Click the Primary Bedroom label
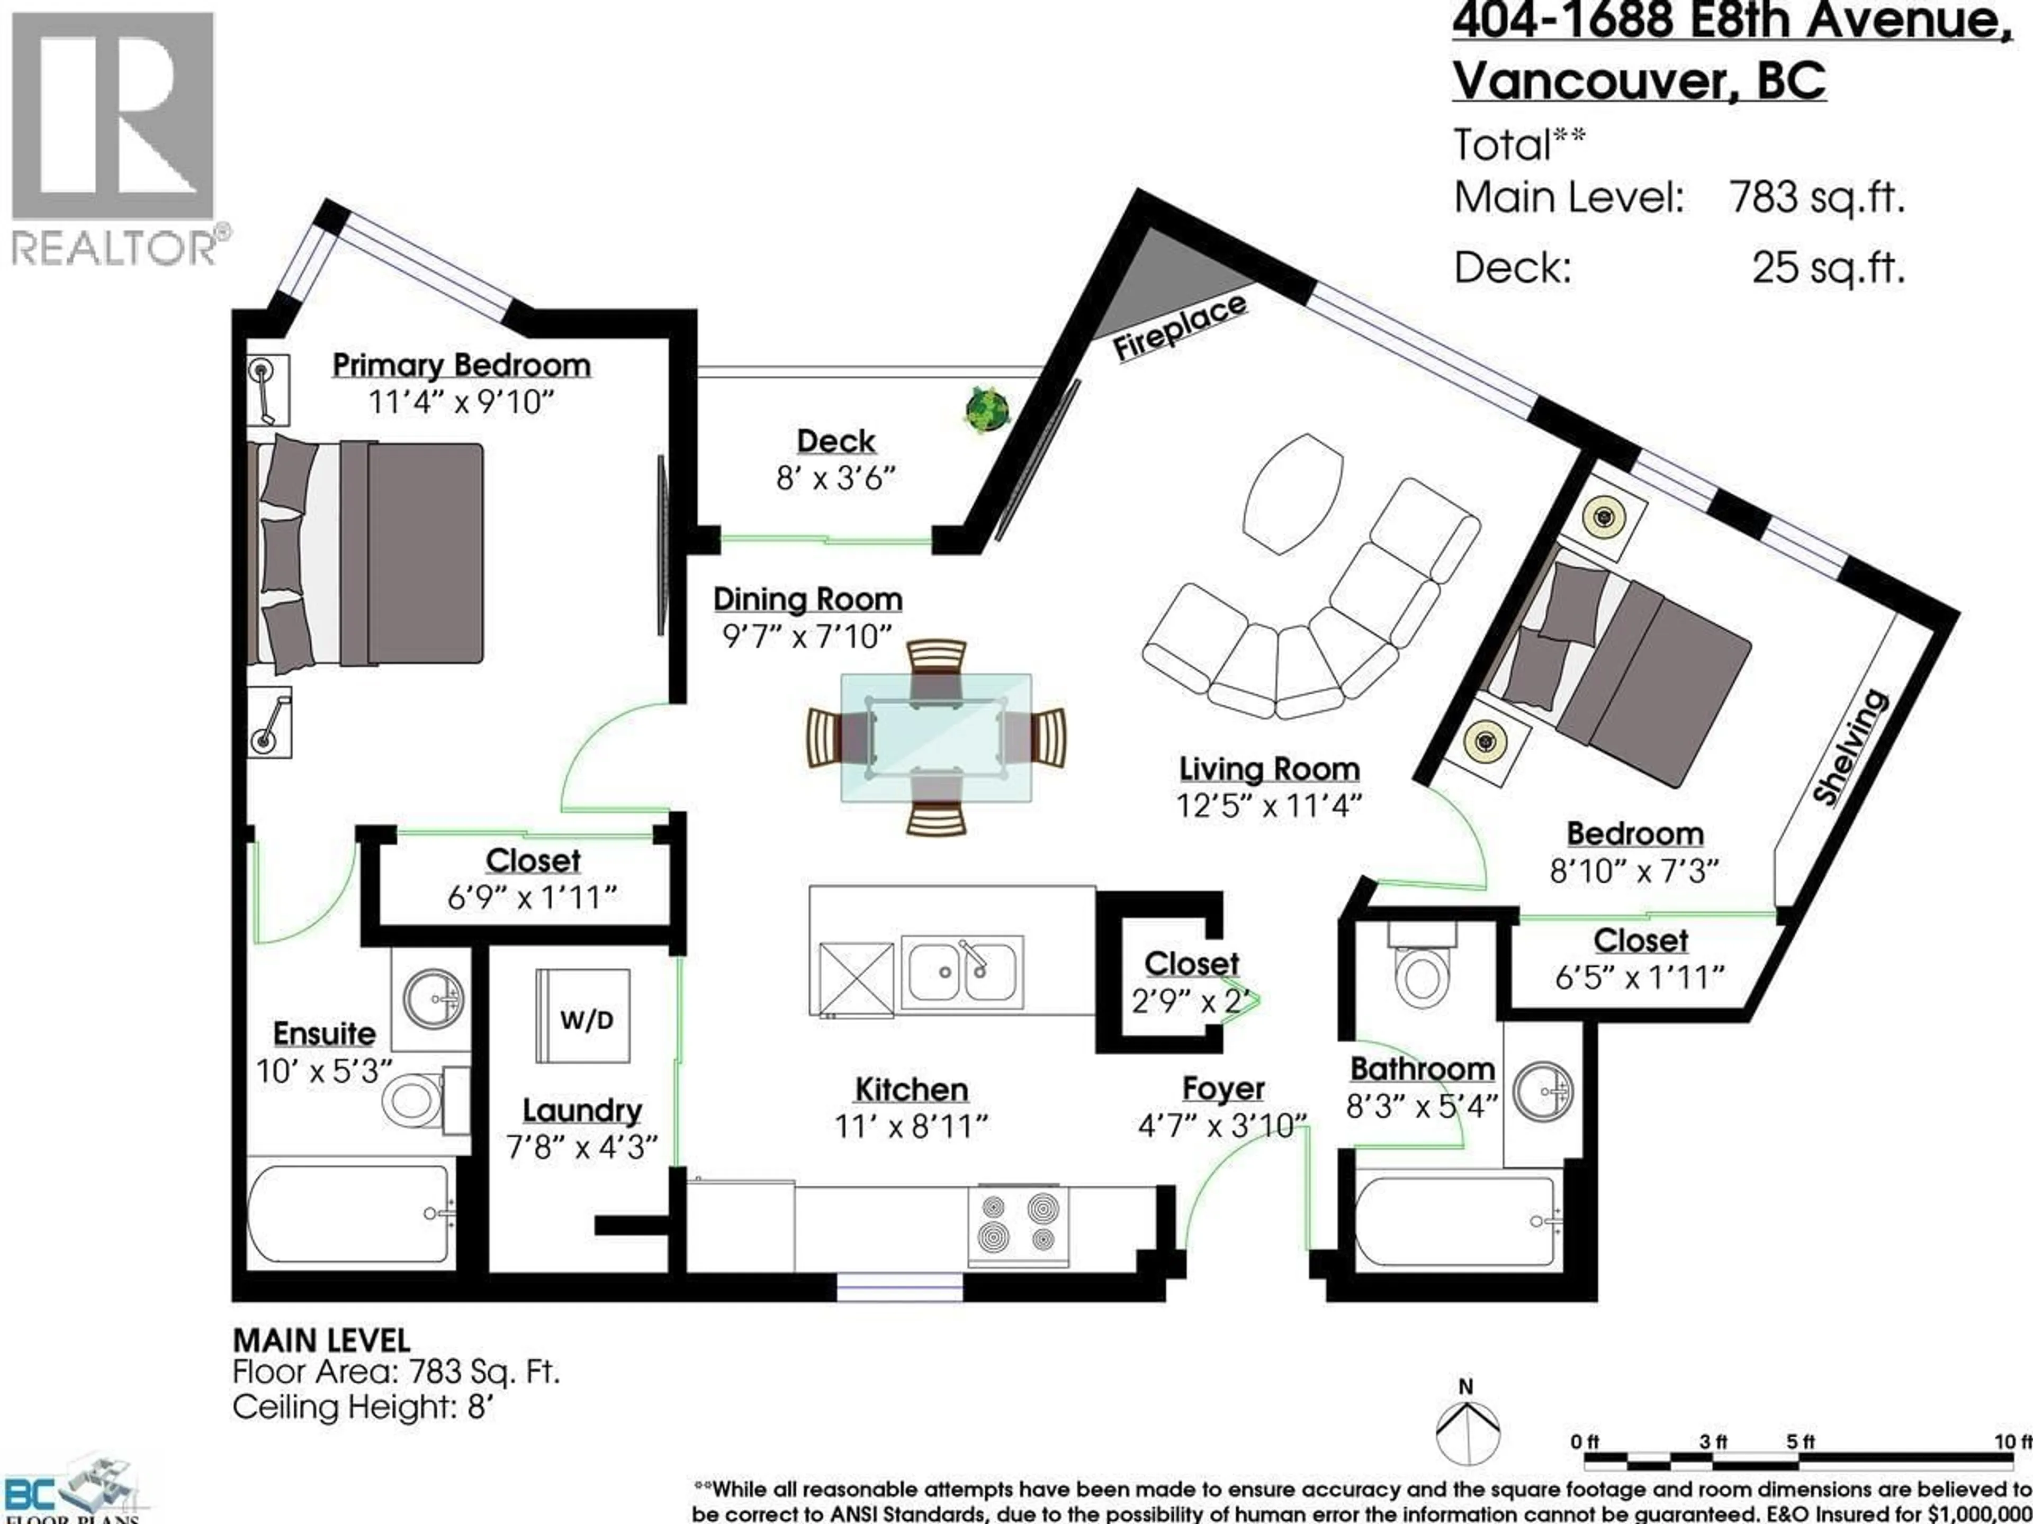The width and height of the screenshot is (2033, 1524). [461, 366]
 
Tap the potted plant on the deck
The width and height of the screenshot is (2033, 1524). [987, 410]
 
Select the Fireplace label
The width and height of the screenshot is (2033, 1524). [1179, 329]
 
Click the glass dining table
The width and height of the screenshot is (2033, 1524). [935, 738]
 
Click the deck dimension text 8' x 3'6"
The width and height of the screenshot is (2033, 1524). [834, 478]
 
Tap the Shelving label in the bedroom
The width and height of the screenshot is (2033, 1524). [1850, 749]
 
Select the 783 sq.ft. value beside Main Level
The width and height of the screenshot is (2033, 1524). [1816, 197]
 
